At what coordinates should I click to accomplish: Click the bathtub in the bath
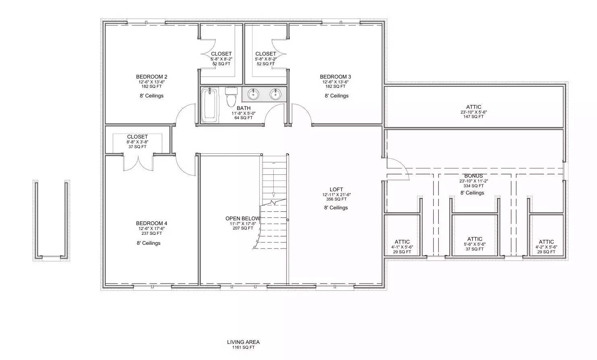(x=209, y=105)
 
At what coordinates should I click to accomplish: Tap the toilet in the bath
(x=231, y=97)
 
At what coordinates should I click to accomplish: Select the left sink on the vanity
(x=253, y=94)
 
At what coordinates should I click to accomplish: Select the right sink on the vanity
(x=275, y=94)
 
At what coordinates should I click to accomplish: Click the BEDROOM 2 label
(x=152, y=77)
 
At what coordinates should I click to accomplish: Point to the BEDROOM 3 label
(x=336, y=77)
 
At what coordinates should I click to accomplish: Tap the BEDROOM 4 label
(x=152, y=223)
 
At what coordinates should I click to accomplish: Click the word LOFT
(x=337, y=190)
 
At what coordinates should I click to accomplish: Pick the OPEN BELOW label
(x=242, y=218)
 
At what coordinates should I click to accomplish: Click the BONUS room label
(x=473, y=176)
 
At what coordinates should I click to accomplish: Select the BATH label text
(x=244, y=108)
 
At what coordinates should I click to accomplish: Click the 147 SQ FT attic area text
(x=473, y=116)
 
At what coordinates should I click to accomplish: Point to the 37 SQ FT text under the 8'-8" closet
(x=138, y=147)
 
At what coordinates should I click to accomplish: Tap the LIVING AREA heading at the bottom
(x=243, y=342)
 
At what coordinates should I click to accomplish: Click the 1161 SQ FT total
(x=243, y=347)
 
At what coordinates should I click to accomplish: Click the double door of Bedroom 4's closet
(x=138, y=163)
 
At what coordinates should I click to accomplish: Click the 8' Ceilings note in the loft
(x=336, y=207)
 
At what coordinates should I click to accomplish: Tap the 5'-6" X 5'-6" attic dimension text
(x=475, y=244)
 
